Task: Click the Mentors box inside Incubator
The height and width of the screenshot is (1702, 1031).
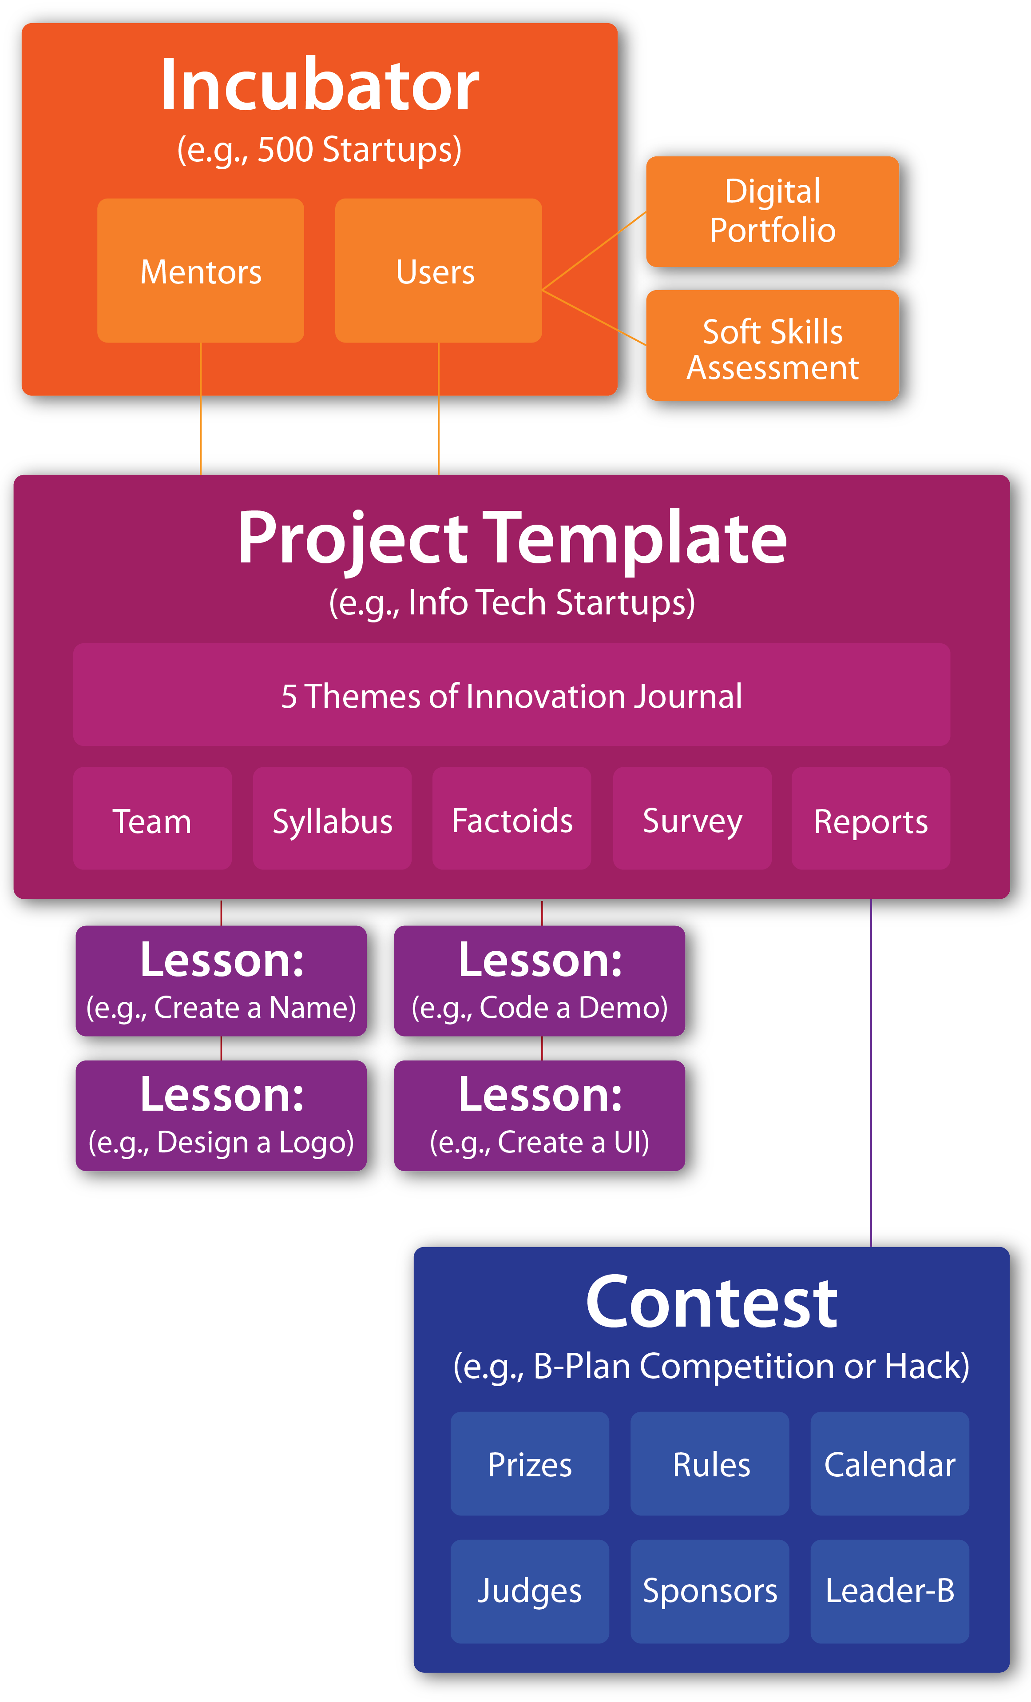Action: coord(200,271)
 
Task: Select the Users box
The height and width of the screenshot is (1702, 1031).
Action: coord(439,271)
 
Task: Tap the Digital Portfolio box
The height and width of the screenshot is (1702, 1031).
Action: coord(773,211)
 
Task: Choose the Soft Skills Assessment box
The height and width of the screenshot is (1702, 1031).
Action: coord(773,345)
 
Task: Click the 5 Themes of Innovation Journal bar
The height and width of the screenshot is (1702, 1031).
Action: coord(512,695)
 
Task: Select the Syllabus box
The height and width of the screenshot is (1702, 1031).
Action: coord(332,818)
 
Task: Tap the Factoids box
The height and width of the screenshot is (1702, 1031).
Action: coord(512,818)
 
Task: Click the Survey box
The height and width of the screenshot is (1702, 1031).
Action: coord(693,818)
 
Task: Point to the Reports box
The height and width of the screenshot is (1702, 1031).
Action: coord(871,818)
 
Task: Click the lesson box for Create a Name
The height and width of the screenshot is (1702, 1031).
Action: coord(221,981)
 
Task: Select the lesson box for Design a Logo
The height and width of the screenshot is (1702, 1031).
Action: coord(221,1116)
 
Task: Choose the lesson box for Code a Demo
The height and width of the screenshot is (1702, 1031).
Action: coord(539,981)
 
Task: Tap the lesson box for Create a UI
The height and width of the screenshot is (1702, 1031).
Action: coord(539,1116)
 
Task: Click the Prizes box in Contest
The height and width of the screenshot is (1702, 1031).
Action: coord(530,1464)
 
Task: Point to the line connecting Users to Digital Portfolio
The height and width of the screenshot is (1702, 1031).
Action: coord(594,251)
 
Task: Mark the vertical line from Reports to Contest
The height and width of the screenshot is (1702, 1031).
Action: coord(871,1073)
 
